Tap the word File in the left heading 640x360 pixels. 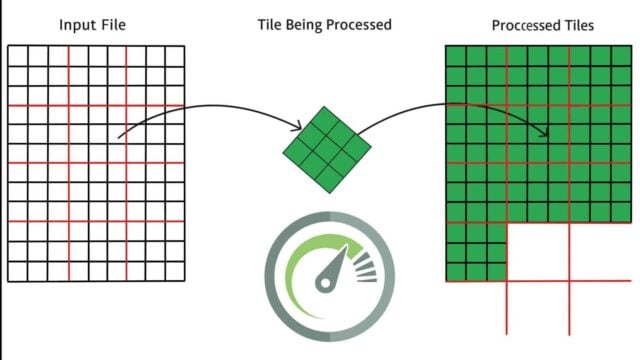pyautogui.click(x=114, y=24)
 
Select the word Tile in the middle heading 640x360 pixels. pyautogui.click(x=269, y=24)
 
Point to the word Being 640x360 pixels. pyautogui.click(x=303, y=25)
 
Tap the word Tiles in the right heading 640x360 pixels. pyautogui.click(x=579, y=25)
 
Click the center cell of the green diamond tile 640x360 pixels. pyautogui.click(x=327, y=149)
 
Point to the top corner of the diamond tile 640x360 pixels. pyautogui.click(x=324, y=107)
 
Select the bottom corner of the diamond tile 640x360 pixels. pyautogui.click(x=330, y=193)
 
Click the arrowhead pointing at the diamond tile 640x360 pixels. pyautogui.click(x=298, y=126)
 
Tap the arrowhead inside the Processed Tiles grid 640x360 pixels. pyautogui.click(x=544, y=132)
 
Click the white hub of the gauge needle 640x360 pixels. pyautogui.click(x=325, y=283)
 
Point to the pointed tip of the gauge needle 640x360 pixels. pyautogui.click(x=347, y=246)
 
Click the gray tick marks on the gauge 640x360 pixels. pyautogui.click(x=366, y=267)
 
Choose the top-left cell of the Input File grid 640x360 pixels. pyautogui.click(x=18, y=56)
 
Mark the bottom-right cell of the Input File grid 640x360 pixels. pyautogui.click(x=175, y=271)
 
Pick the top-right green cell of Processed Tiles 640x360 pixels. pyautogui.click(x=622, y=56)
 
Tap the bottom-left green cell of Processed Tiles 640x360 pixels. pyautogui.click(x=456, y=272)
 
